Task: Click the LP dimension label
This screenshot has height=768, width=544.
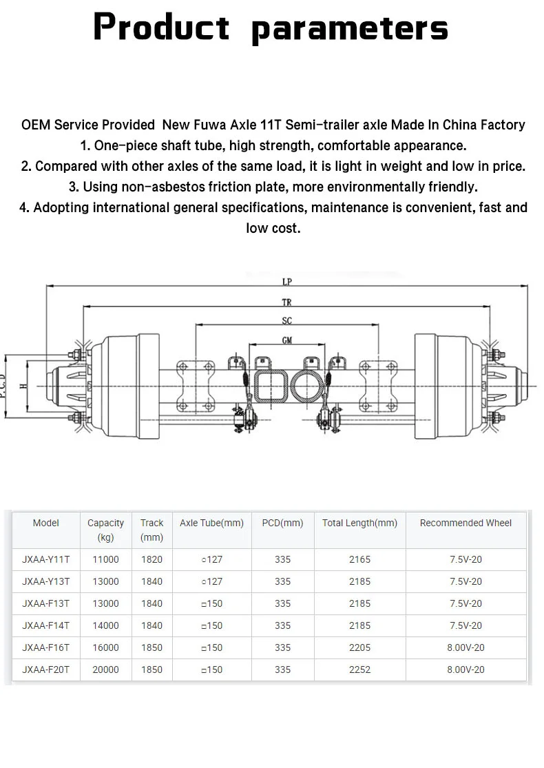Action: point(286,282)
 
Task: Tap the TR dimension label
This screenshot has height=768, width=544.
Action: point(286,302)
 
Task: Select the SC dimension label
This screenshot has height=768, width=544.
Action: point(286,321)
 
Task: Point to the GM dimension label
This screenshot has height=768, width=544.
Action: point(286,340)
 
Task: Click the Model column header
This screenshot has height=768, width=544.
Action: point(46,523)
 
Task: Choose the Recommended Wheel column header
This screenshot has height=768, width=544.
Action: point(465,523)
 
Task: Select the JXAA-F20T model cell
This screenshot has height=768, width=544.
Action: point(46,670)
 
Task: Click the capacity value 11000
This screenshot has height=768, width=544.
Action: point(105,559)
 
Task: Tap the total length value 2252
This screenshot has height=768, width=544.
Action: point(359,670)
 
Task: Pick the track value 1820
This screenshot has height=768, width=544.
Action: point(151,559)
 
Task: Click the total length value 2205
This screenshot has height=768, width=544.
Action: point(359,647)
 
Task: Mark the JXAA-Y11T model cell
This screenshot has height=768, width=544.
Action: point(46,559)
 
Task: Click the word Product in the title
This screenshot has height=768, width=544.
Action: point(161,28)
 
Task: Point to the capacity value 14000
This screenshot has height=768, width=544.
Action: point(105,625)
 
